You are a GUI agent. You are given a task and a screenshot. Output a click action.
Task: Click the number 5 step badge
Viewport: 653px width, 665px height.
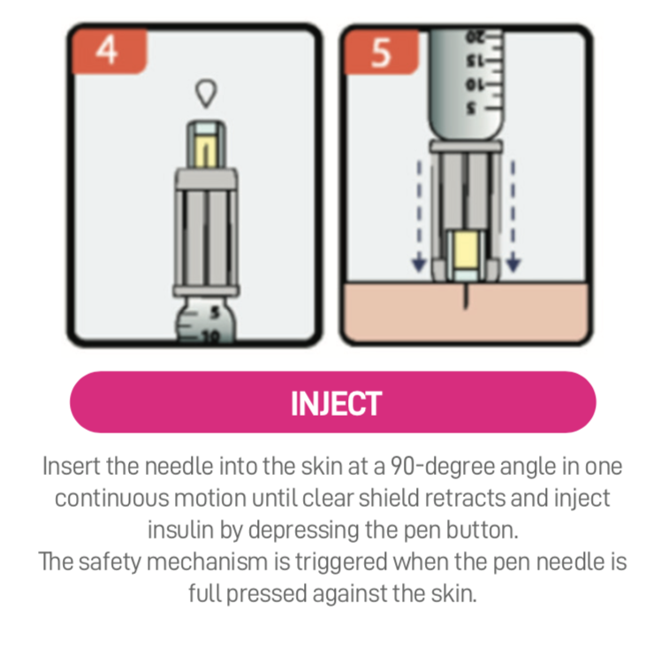(x=381, y=51)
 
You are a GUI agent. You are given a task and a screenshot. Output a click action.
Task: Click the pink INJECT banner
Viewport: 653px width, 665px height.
(x=333, y=403)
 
